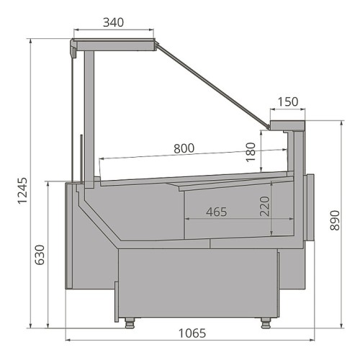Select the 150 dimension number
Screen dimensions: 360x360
(x=288, y=102)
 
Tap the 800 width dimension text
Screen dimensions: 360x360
(x=184, y=148)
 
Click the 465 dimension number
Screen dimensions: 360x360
(x=217, y=212)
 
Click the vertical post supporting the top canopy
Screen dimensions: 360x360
(x=89, y=115)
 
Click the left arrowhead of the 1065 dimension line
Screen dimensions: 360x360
(x=68, y=339)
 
